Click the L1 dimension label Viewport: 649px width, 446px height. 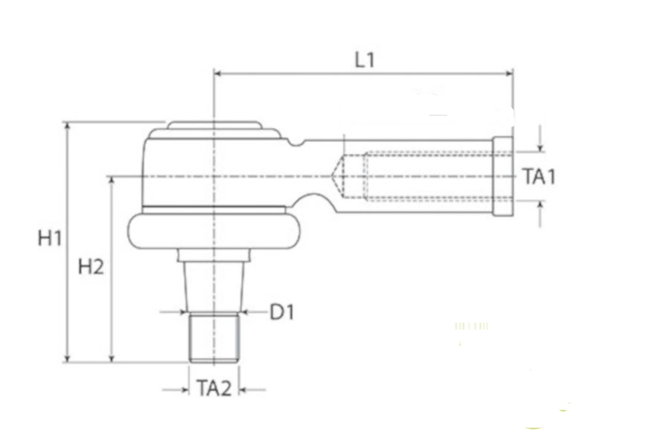click(x=365, y=60)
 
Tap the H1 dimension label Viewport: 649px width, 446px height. click(x=50, y=239)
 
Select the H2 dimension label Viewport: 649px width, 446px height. click(x=91, y=267)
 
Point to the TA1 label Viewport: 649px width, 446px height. click(x=539, y=176)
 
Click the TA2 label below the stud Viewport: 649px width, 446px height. click(x=214, y=389)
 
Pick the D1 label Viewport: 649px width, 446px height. click(x=282, y=312)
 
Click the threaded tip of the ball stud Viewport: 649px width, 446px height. click(x=214, y=337)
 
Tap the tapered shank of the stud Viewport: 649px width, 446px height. click(x=214, y=287)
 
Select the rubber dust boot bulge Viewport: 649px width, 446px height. click(x=214, y=231)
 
